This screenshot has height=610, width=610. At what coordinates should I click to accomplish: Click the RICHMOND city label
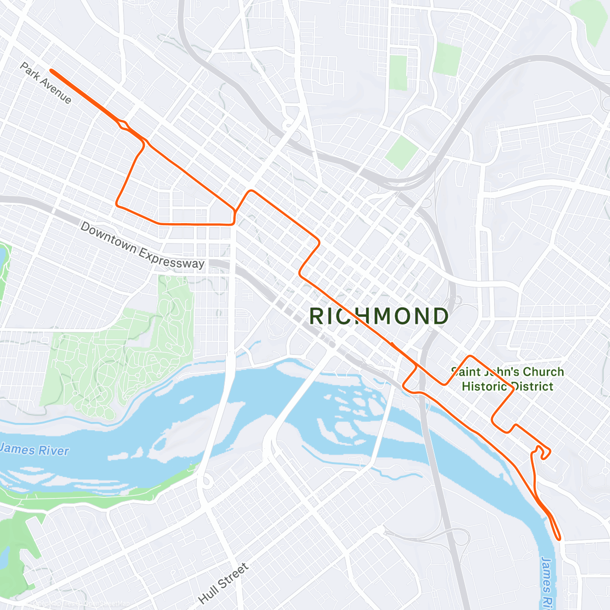pos(379,316)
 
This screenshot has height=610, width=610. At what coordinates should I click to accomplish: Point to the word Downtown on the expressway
pos(108,237)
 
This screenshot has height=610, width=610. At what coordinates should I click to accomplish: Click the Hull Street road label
pos(223,583)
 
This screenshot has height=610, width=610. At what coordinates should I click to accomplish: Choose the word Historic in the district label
pos(484,386)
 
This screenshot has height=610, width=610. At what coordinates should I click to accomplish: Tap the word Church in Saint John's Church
pos(543,372)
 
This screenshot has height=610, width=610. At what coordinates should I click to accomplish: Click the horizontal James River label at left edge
pos(35,450)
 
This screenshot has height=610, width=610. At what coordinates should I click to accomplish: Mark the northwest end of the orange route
pos(51,71)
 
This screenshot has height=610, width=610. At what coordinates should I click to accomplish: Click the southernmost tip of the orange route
pos(559,538)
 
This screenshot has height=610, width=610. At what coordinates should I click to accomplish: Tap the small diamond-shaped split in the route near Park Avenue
pos(123,125)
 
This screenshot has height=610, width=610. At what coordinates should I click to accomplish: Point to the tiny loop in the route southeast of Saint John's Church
pos(544,452)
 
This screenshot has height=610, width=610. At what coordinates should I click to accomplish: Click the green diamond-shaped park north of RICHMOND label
pos(402,152)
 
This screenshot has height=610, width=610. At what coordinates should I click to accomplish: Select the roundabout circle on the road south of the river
pos(206,480)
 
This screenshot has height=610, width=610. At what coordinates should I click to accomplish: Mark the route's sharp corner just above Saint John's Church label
pos(471,356)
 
